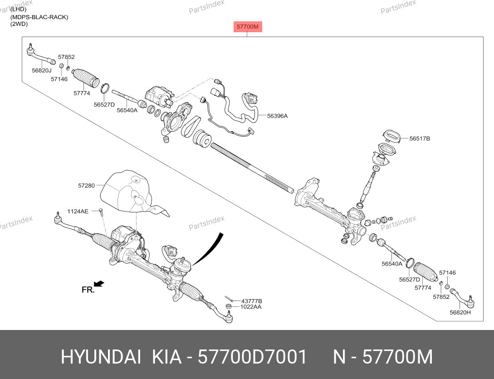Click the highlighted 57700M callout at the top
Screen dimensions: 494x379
pyautogui.click(x=248, y=27)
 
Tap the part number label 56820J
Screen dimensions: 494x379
pyautogui.click(x=42, y=71)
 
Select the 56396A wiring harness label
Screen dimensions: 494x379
pyautogui.click(x=277, y=116)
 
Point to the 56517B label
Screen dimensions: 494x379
pyautogui.click(x=420, y=138)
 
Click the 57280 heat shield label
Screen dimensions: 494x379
pyautogui.click(x=86, y=186)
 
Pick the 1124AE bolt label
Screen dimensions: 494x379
pyautogui.click(x=78, y=211)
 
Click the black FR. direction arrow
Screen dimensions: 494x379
pyautogui.click(x=99, y=284)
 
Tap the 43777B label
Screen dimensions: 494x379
pyautogui.click(x=252, y=301)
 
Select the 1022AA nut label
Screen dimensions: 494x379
pyautogui.click(x=251, y=307)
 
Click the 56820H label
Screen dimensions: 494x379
pyautogui.click(x=460, y=312)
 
